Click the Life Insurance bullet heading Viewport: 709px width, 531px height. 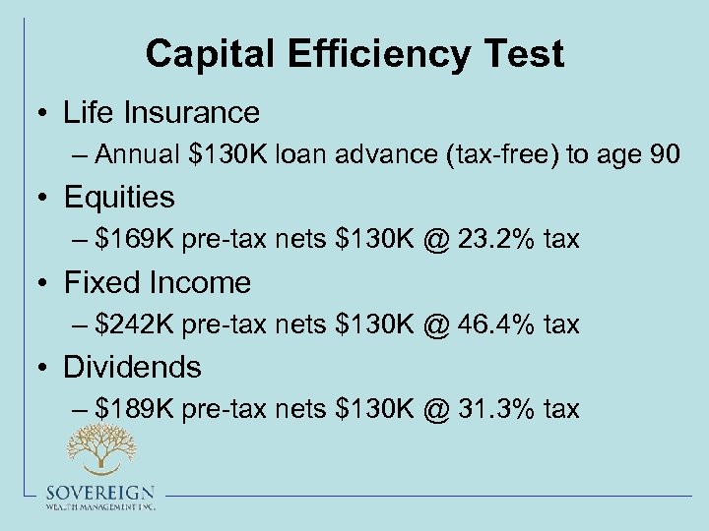pyautogui.click(x=161, y=112)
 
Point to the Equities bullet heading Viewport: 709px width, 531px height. pyautogui.click(x=119, y=197)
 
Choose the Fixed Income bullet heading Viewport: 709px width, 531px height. pyautogui.click(x=158, y=282)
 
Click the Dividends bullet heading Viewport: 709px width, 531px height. pyautogui.click(x=132, y=367)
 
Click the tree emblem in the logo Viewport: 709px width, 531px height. pyautogui.click(x=99, y=448)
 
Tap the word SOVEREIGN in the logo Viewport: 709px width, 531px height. pyautogui.click(x=99, y=493)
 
